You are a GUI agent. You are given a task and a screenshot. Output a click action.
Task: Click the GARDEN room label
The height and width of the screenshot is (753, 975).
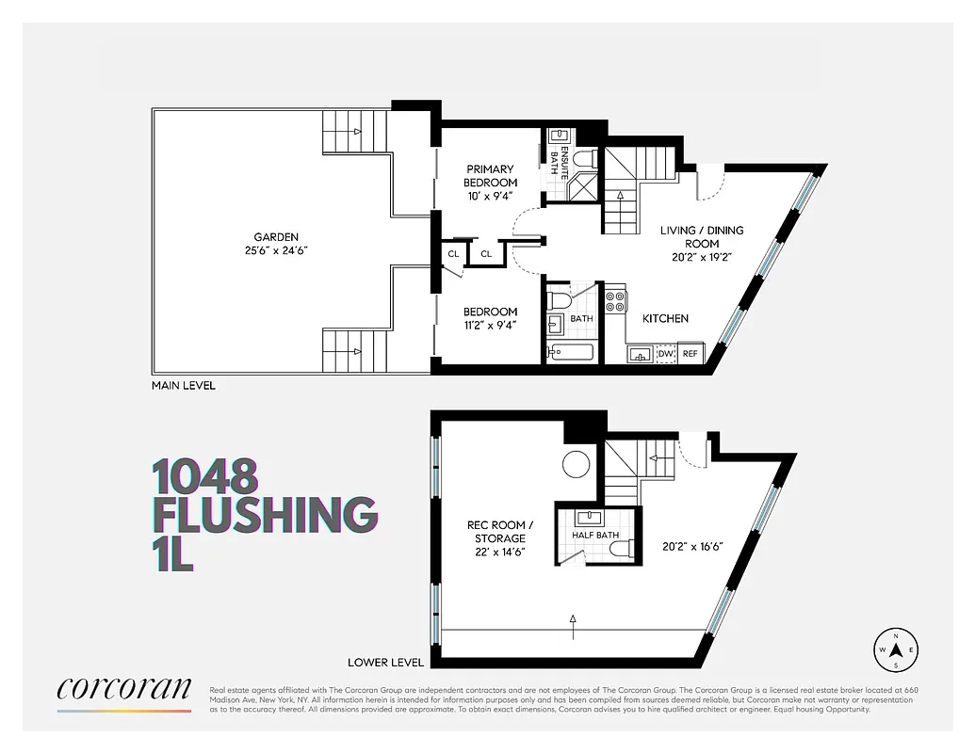(x=275, y=236)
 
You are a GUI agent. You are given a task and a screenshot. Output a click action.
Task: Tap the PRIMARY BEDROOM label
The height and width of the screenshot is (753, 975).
(x=491, y=175)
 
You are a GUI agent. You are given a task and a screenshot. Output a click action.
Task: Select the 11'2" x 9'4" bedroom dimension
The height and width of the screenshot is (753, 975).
(x=491, y=327)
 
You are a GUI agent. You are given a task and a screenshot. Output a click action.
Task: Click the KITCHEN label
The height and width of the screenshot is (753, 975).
(x=665, y=318)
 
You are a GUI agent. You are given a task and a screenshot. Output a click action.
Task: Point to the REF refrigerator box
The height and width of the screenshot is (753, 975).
(x=691, y=353)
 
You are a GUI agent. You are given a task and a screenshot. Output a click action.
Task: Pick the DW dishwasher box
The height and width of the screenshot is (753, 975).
(x=666, y=353)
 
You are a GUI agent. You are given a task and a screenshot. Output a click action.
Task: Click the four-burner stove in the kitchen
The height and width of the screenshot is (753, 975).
(x=615, y=301)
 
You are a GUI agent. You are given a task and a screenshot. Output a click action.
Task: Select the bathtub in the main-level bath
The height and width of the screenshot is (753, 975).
(x=570, y=353)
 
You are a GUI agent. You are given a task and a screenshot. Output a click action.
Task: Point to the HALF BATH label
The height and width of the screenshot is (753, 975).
(x=595, y=536)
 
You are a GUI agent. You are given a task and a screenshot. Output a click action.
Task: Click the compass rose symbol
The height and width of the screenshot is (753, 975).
(x=898, y=649)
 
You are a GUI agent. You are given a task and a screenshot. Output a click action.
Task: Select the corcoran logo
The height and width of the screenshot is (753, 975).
(x=124, y=690)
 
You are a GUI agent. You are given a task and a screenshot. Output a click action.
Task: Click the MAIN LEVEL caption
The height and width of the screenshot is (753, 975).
(x=184, y=385)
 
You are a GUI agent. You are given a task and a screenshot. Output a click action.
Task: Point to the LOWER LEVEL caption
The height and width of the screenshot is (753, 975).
(x=385, y=662)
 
